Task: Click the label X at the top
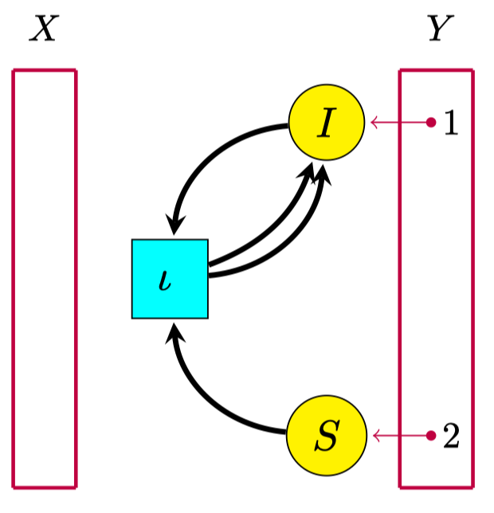tap(44, 30)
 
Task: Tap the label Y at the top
tap(436, 30)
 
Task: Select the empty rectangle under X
tap(45, 278)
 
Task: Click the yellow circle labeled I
tap(326, 123)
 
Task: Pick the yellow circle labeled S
tap(326, 435)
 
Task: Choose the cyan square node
tap(170, 278)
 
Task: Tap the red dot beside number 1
tap(430, 122)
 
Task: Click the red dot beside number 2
tap(430, 435)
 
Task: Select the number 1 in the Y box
tap(450, 123)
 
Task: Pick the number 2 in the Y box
tap(451, 436)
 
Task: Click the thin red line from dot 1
tap(402, 122)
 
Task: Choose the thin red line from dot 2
tap(402, 435)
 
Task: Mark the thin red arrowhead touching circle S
tap(374, 435)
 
